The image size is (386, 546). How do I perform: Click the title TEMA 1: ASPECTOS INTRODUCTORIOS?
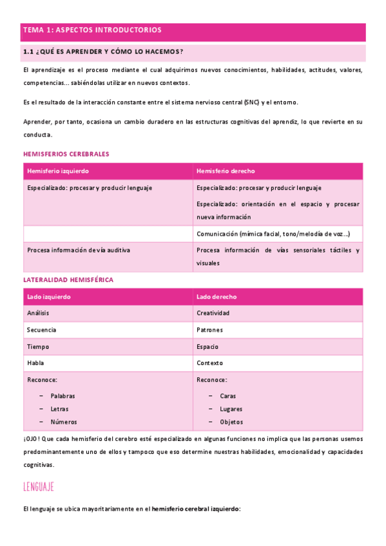coord(92,30)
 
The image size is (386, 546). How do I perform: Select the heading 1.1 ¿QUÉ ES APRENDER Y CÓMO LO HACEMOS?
coord(103,52)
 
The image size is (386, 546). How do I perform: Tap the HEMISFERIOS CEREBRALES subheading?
coord(66,155)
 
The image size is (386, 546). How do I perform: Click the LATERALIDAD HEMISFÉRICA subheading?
coord(68,280)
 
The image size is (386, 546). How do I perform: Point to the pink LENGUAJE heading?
coord(38,486)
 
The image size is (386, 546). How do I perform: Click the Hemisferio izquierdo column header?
coord(58,171)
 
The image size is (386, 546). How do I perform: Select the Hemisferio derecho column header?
coord(226,171)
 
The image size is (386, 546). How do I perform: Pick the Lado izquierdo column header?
coord(49,297)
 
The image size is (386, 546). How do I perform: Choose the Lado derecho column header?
coord(217,297)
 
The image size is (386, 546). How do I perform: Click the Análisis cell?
coord(38,313)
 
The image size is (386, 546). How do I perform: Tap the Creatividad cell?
coord(213,313)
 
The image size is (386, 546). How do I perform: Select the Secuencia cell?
coord(41,330)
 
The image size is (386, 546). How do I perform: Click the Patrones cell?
coord(209,330)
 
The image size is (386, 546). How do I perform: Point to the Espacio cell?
coord(208,346)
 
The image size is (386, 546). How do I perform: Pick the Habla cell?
coord(35,363)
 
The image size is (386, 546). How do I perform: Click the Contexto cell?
coord(209,363)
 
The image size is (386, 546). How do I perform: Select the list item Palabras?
coord(63,396)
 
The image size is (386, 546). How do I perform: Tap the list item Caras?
coord(227,396)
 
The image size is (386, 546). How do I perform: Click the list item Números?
coord(64,422)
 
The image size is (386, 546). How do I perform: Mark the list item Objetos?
coord(231,422)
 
